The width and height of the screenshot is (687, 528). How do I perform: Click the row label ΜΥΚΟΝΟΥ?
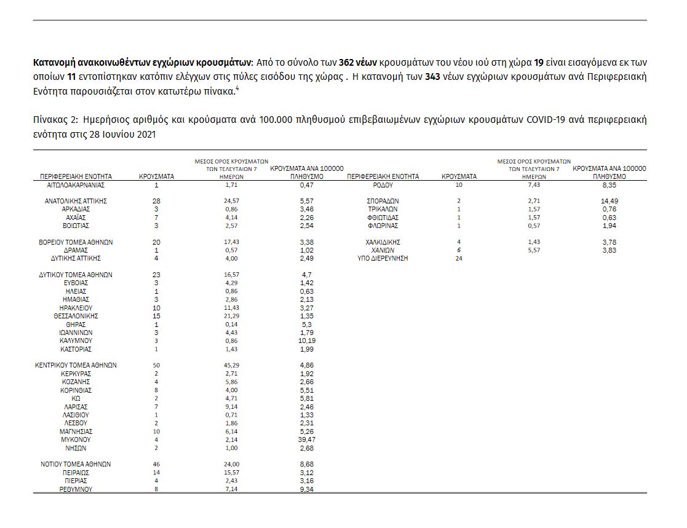[x=76, y=440]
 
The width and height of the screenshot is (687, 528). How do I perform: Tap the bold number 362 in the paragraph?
[x=349, y=63]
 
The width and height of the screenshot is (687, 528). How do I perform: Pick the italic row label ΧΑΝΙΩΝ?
[x=383, y=250]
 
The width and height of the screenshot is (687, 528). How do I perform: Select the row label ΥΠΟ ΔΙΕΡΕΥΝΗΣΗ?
[x=383, y=258]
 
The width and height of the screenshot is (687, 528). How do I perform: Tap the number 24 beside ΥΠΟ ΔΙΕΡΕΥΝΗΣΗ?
[x=458, y=258]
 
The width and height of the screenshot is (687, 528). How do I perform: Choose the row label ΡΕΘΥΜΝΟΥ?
[x=76, y=489]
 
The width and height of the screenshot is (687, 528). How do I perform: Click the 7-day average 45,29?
[x=232, y=365]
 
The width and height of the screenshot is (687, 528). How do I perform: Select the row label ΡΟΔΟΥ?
[x=383, y=184]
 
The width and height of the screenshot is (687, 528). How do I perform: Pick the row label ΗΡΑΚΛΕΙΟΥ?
[x=76, y=308]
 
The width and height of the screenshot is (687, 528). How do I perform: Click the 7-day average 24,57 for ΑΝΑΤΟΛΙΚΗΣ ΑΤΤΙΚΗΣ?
[x=232, y=201]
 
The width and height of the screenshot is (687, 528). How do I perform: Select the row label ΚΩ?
[x=76, y=398]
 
